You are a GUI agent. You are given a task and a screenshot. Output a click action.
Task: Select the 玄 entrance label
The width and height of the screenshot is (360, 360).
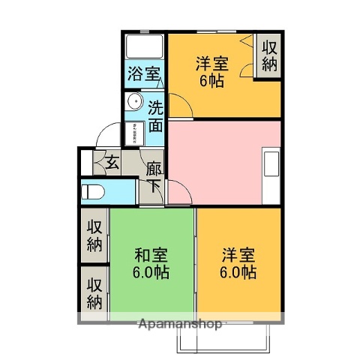pos(111,161)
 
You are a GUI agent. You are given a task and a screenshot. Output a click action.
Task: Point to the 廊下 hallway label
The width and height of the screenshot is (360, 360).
pos(154,177)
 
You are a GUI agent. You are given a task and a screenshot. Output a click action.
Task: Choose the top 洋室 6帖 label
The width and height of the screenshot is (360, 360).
pos(211,72)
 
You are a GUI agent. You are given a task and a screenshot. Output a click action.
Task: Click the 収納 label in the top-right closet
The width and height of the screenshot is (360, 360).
pos(269,55)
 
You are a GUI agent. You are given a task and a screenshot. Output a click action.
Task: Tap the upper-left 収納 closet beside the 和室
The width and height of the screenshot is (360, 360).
pos(94,235)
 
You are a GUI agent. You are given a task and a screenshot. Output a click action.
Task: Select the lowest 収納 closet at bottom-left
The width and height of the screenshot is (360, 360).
pos(94,293)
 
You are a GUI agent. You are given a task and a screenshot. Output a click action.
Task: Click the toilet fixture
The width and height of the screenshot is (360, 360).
pos(94,191)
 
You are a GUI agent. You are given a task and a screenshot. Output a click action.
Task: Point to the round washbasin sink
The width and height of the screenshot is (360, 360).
pos(135,102)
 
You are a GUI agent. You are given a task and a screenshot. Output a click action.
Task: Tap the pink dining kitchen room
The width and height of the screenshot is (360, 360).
pos(217,160)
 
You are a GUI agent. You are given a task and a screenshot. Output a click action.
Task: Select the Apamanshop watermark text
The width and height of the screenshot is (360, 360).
pos(180,324)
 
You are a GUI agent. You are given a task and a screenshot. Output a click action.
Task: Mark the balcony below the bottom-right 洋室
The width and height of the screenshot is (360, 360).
pos(222,339)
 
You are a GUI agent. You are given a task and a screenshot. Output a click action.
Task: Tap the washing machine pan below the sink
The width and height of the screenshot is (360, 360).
pos(135,131)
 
